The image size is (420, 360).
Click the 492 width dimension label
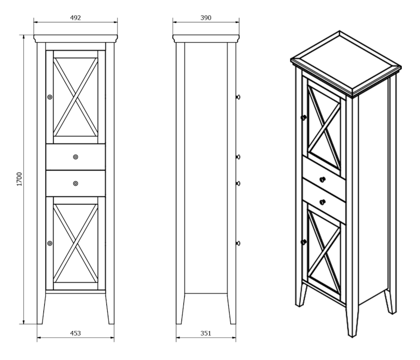pos(75,18)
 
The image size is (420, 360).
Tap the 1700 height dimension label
pos(19,179)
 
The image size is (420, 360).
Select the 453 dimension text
pos(75,333)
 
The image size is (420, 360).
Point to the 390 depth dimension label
pos(206,18)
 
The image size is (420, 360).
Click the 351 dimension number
pos(206,333)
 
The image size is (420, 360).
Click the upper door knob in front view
pos(50,97)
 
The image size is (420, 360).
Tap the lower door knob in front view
pos(50,243)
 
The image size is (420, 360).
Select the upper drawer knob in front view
pos(76,157)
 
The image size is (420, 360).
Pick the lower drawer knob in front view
pos(76,183)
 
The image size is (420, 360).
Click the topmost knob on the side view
pos(238,97)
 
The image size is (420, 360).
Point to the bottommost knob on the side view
pos(238,243)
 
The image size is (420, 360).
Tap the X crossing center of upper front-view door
pos(76,97)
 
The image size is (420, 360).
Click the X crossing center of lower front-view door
pos(76,243)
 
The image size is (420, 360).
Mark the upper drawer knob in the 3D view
pos(323,180)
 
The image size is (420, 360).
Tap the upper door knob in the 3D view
pos(303,118)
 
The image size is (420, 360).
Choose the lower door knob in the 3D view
pos(303,242)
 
